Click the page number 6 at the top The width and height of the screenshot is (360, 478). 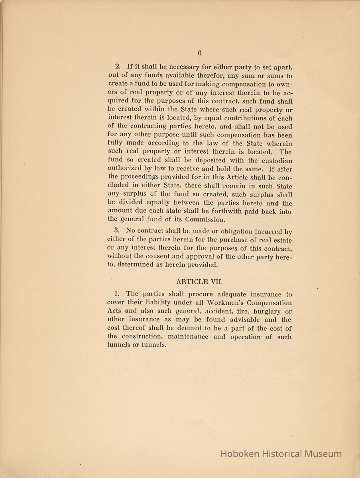point(199,53)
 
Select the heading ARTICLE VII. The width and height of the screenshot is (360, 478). point(198,282)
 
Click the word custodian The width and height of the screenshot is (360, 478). point(276,161)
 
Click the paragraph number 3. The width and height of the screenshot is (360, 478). point(116,231)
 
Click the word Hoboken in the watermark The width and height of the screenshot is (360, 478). point(240,454)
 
